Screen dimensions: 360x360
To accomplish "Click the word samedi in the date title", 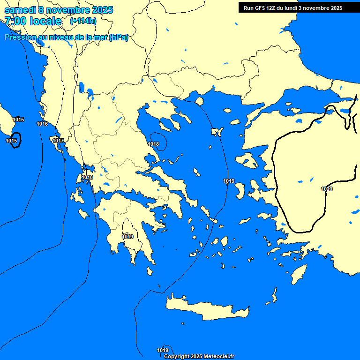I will pyautogui.click(x=20, y=10).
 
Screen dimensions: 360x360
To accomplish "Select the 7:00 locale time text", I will pyautogui.click(x=33, y=21).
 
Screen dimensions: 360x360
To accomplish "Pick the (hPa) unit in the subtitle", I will pyautogui.click(x=118, y=37).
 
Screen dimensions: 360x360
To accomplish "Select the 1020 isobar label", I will pyautogui.click(x=327, y=189).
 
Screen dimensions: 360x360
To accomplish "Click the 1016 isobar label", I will pyautogui.click(x=42, y=124).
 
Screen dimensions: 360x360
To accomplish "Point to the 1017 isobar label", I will pyautogui.click(x=58, y=141).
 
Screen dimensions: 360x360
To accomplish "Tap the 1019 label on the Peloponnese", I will pyautogui.click(x=127, y=237).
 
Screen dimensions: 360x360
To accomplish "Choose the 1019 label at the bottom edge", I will pyautogui.click(x=163, y=350).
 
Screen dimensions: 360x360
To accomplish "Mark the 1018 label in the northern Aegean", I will pyautogui.click(x=153, y=144).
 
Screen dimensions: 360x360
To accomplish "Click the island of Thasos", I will pyautogui.click(x=200, y=101).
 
